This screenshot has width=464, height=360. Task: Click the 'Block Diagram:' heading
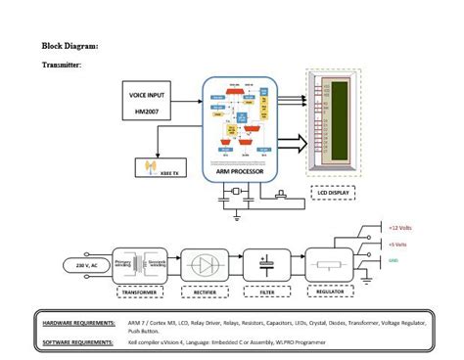tap(70, 46)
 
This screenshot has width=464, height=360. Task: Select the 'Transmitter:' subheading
tap(62, 65)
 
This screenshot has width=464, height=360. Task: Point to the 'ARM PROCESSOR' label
tap(241, 172)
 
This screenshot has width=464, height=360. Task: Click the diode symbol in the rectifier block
tap(204, 264)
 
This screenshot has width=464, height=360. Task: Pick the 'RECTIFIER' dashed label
tap(203, 292)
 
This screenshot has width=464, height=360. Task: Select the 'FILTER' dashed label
tap(265, 292)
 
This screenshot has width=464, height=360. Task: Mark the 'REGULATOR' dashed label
tap(329, 292)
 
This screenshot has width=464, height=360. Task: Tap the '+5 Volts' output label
tap(399, 245)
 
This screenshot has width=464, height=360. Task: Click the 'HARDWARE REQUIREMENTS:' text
tap(78, 322)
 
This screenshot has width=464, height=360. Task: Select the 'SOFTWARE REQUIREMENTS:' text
tap(77, 342)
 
